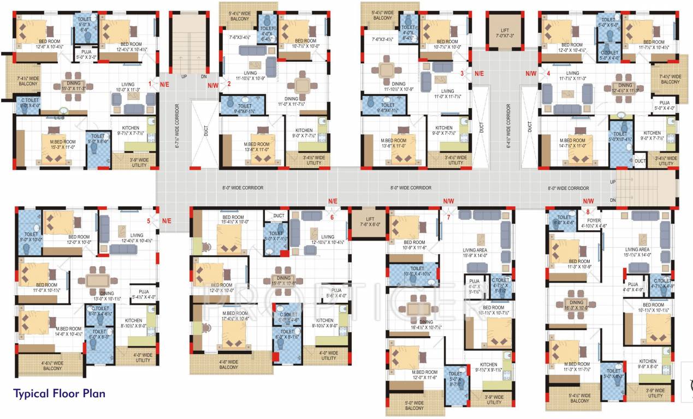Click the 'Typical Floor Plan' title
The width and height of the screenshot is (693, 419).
coord(59,393)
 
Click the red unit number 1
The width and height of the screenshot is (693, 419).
coord(150,84)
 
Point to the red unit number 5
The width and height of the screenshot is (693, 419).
coord(149,221)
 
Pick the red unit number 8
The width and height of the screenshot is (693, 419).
coord(588,212)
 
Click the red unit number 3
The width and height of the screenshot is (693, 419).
coord(462,73)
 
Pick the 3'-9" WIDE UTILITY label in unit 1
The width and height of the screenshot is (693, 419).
coord(139,162)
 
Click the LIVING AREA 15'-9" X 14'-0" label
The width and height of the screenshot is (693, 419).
coord(474,252)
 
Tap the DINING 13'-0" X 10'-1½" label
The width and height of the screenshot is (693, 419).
coord(107,296)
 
